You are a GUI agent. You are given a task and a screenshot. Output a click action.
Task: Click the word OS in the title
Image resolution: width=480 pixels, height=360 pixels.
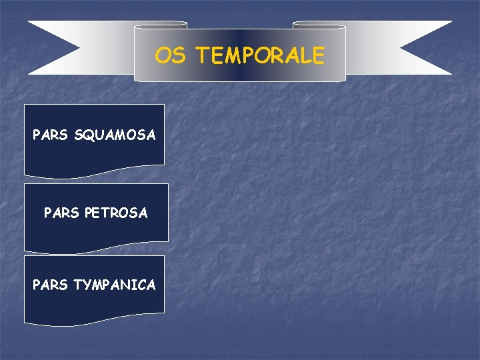point(170,55)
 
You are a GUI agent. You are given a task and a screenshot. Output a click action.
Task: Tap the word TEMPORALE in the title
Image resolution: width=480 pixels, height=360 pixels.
point(260,55)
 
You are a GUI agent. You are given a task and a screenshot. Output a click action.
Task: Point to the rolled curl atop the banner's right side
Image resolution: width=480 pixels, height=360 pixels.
point(319,25)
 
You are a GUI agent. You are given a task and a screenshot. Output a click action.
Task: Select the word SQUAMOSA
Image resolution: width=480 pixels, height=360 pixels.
point(115,135)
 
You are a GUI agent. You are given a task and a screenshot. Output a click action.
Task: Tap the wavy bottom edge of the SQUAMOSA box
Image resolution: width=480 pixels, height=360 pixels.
point(94,174)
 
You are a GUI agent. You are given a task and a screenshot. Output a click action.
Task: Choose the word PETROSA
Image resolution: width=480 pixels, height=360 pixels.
point(116,213)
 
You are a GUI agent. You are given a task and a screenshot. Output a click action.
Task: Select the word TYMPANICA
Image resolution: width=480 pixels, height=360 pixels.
point(115,285)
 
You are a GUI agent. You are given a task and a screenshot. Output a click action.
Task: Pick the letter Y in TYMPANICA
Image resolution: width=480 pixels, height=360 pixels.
point(86,285)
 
